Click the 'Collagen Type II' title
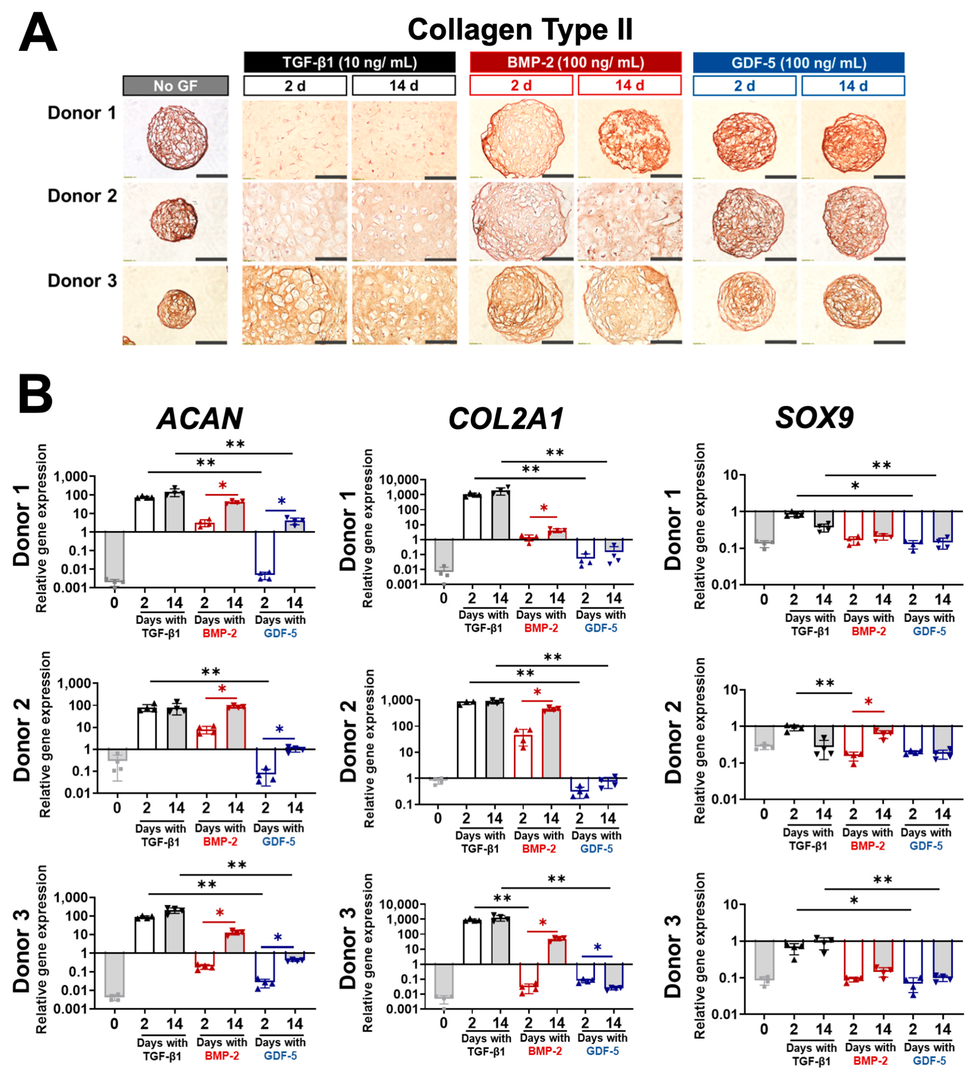point(519,29)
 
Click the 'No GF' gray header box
point(175,86)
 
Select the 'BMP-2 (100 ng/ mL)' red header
point(575,62)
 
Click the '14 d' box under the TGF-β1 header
point(404,85)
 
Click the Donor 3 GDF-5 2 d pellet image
point(745,305)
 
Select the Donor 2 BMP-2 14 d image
point(629,222)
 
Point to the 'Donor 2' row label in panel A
point(82,196)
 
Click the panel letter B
point(35,394)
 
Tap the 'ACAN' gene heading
point(200,419)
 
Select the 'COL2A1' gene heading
point(506,419)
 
